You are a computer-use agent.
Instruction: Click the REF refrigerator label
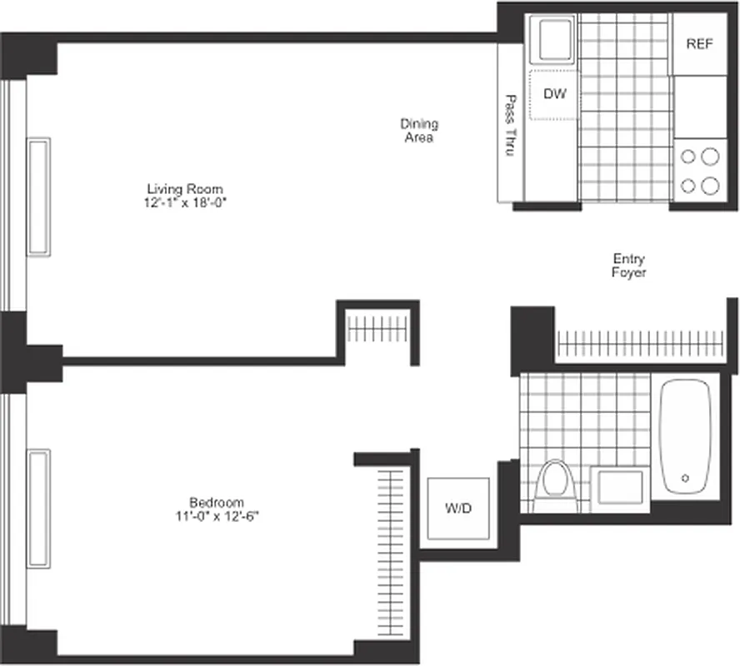click(699, 44)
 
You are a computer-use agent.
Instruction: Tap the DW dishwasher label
click(555, 94)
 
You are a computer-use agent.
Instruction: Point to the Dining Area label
click(420, 131)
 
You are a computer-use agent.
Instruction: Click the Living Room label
click(185, 189)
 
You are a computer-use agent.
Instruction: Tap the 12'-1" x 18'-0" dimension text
click(185, 202)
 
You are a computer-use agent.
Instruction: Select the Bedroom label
click(216, 502)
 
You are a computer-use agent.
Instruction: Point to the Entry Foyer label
click(628, 266)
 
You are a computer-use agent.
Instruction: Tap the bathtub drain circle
click(686, 478)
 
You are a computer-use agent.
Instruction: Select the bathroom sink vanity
click(617, 488)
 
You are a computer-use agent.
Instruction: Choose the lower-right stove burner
click(709, 185)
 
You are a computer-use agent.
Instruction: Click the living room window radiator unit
click(39, 196)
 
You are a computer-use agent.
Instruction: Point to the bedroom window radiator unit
click(38, 509)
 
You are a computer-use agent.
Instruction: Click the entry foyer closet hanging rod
click(637, 342)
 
